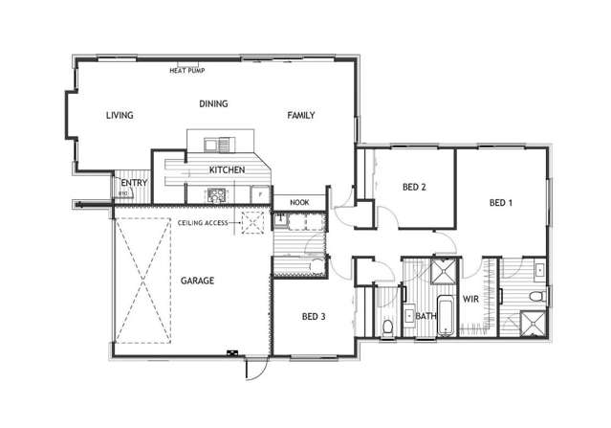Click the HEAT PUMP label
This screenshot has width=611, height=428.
coord(186,70)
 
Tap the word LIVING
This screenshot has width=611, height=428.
coord(119,116)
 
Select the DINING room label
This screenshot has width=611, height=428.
coord(212,103)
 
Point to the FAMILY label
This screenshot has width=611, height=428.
coord(301,116)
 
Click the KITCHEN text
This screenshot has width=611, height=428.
coord(227,170)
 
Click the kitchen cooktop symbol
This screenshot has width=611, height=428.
coord(216,194)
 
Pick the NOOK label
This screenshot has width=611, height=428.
coord(299,203)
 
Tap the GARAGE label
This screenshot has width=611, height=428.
coord(198,282)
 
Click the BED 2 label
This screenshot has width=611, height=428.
coord(413,188)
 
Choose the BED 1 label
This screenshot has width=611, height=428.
coord(501,203)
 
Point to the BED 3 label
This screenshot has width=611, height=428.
coord(315,316)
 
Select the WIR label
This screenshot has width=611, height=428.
coord(470,299)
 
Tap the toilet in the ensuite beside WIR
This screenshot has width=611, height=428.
coord(539,271)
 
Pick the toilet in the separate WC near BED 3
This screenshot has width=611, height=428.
coord(386,328)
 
